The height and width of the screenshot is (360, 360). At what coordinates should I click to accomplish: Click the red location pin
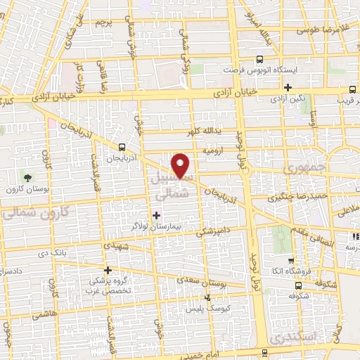pos(181,165)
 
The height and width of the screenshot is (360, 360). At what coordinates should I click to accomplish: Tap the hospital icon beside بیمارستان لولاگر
pos(156,214)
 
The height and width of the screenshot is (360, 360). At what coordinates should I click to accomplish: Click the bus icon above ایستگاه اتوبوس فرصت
pos(260,60)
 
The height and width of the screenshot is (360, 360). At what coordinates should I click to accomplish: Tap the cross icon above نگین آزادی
pos(288,88)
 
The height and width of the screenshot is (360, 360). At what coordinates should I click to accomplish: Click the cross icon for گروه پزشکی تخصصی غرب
pos(108,269)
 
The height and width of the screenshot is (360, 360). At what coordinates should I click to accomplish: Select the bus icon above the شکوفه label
pos(299,285)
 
